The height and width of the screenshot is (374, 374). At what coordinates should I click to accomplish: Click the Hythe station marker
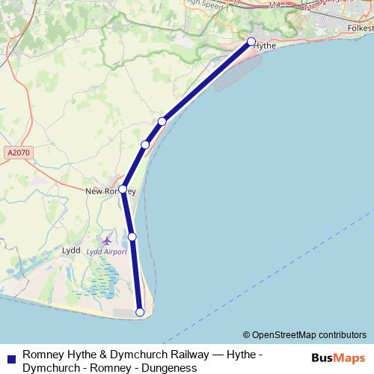pyautogui.click(x=251, y=41)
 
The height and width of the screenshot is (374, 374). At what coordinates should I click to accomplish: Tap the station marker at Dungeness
pyautogui.click(x=139, y=313)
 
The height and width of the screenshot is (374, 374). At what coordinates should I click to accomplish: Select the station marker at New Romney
pyautogui.click(x=123, y=189)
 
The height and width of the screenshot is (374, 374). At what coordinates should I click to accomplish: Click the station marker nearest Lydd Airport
pyautogui.click(x=132, y=236)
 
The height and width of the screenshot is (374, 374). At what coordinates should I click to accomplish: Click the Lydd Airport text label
pyautogui.click(x=108, y=252)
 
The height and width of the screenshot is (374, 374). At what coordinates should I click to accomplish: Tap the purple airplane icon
pyautogui.click(x=106, y=241)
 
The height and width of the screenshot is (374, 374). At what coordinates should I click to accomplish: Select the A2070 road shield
pyautogui.click(x=15, y=153)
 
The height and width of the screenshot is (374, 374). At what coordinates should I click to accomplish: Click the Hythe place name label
pyautogui.click(x=266, y=46)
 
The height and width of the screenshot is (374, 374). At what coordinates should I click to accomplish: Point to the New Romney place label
pyautogui.click(x=109, y=191)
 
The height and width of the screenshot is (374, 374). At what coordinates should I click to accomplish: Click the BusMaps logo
pyautogui.click(x=338, y=358)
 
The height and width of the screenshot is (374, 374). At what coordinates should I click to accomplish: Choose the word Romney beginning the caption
pyautogui.click(x=42, y=354)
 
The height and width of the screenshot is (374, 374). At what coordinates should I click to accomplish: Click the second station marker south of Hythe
pyautogui.click(x=145, y=144)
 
